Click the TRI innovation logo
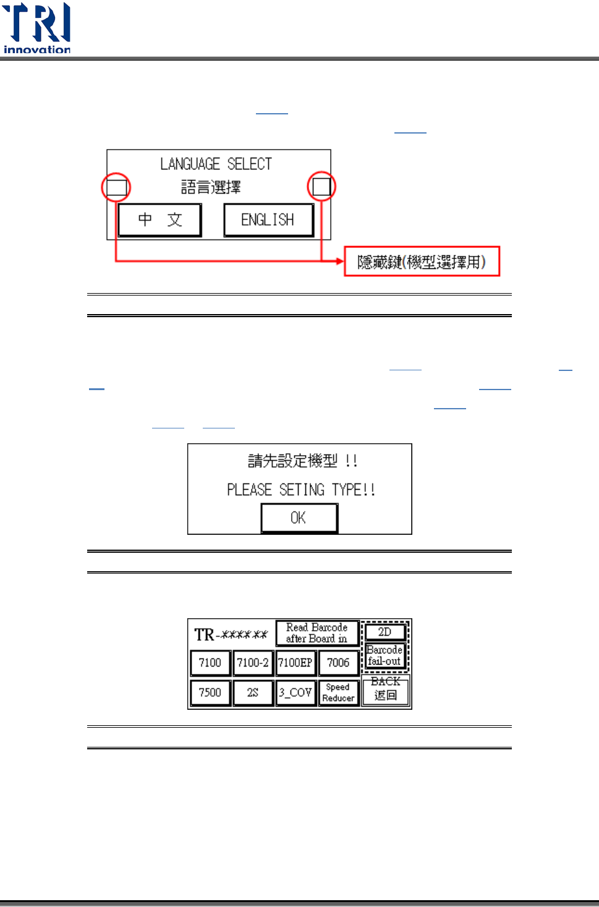coord(37,28)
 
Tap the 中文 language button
coord(159,220)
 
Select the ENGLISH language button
coord(268,220)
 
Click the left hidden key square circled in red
coord(116,187)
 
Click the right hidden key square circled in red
coord(321,186)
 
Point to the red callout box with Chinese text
coord(422,262)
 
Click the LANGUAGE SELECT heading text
coord(216,164)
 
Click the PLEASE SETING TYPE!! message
coord(300,490)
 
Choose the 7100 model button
coord(210,663)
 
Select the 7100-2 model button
coord(253,663)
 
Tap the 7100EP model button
coord(295,663)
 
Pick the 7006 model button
coord(338,663)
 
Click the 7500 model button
coord(210,692)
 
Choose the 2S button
coord(253,692)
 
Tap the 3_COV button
coord(295,692)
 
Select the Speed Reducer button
coord(338,692)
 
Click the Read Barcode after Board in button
coord(316,632)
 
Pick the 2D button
coord(384,632)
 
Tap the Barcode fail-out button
coord(384,655)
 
